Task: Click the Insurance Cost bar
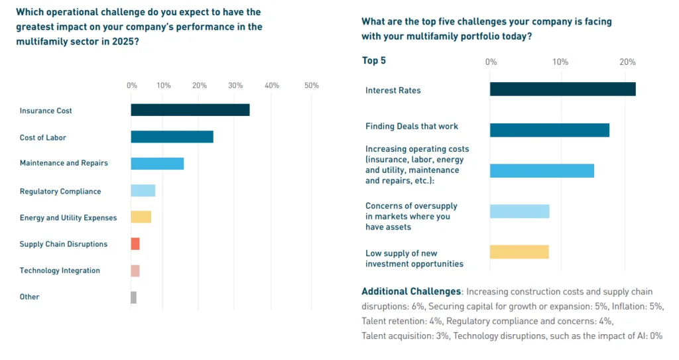190,110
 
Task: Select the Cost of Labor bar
172,137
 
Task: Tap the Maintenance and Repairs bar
157,163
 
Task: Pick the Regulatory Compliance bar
143,191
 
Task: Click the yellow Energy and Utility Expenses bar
141,217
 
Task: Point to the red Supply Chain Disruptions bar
135,244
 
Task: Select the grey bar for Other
133,297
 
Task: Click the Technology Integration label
60,270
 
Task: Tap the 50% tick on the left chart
311,86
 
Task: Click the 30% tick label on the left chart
234,86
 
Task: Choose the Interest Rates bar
562,89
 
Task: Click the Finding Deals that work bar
549,130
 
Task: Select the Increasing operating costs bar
542,170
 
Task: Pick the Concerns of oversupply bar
519,211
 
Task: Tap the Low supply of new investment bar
519,252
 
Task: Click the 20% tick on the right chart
627,62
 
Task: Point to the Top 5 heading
374,61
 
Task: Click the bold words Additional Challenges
411,292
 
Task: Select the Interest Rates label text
393,90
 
